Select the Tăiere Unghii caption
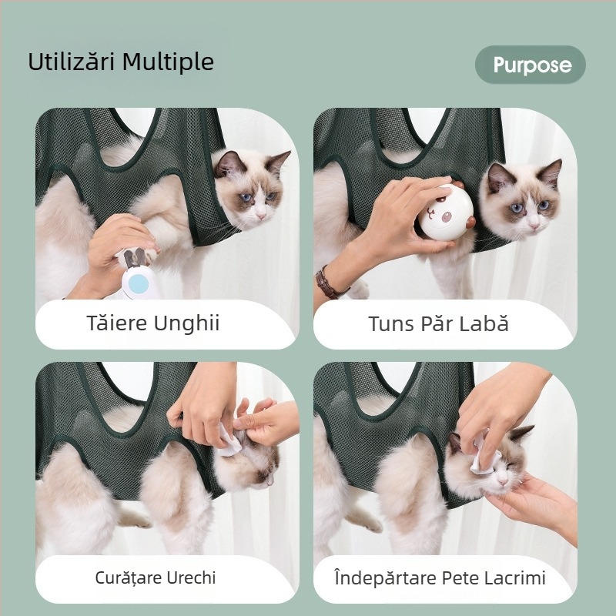153,323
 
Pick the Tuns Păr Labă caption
438,323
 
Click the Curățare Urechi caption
156,577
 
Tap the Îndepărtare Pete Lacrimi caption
440,577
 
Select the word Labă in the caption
487,323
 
